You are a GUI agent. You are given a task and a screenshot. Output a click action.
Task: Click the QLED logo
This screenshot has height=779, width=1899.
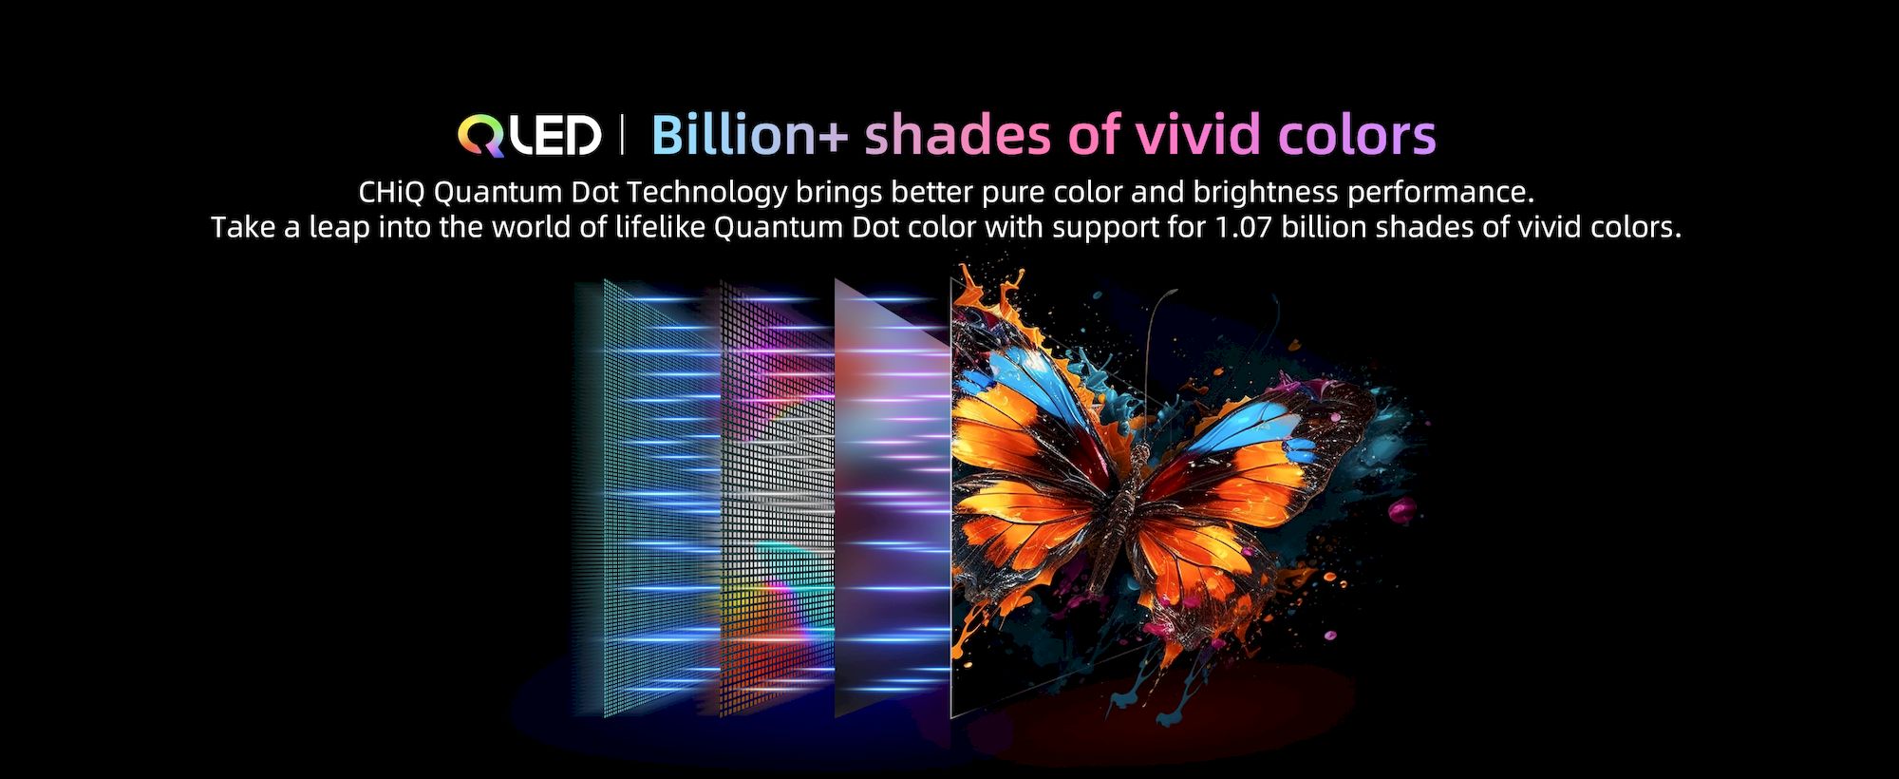pyautogui.click(x=529, y=136)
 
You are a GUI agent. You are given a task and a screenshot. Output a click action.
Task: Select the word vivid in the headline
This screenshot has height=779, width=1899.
pyautogui.click(x=1198, y=135)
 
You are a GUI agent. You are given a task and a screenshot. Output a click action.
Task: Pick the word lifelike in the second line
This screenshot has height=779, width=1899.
pyautogui.click(x=660, y=227)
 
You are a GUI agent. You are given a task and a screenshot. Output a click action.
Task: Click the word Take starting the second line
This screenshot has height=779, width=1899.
pyautogui.click(x=241, y=227)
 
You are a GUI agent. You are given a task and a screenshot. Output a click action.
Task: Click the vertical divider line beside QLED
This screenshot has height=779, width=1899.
pyautogui.click(x=623, y=135)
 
